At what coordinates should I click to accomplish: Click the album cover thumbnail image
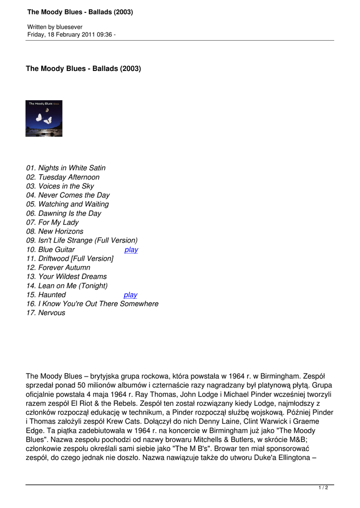click(44, 119)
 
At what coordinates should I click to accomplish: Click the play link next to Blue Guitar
click(131, 250)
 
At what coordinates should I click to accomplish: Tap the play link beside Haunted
click(130, 295)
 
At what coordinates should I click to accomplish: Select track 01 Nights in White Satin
click(66, 168)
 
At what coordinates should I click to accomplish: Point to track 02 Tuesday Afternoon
click(63, 177)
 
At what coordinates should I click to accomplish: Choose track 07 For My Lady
click(52, 222)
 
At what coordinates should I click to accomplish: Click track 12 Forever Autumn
click(58, 267)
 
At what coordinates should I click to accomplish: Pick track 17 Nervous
click(45, 313)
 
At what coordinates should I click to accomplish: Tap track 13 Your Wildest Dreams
click(66, 276)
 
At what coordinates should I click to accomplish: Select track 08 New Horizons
click(55, 231)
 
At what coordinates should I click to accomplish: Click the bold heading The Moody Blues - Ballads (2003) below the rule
click(83, 68)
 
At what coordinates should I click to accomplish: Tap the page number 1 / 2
click(323, 488)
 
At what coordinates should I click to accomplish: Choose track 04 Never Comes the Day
click(68, 195)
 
